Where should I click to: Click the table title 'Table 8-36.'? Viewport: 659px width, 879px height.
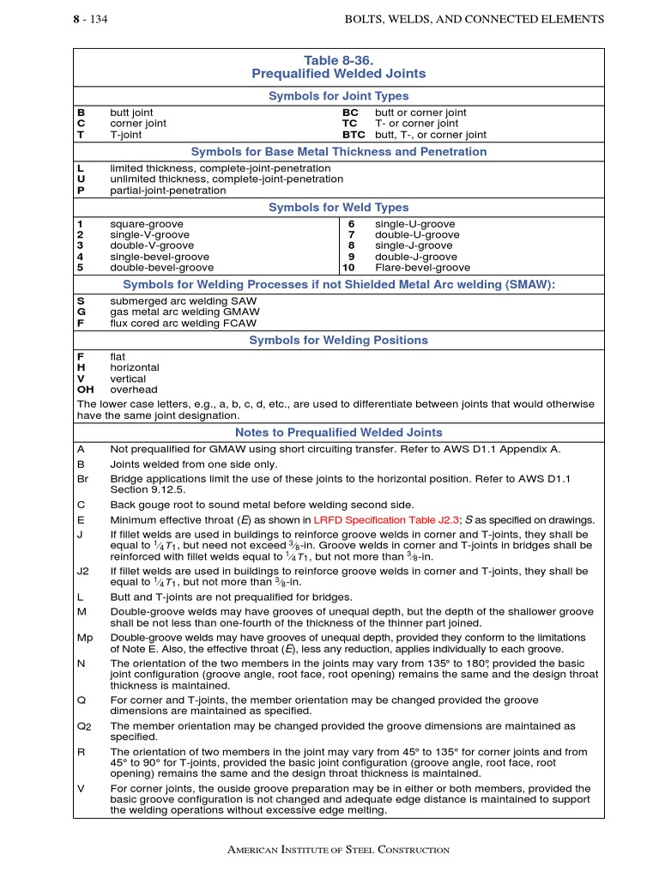click(338, 60)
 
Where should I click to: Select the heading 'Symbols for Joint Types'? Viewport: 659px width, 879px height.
click(338, 96)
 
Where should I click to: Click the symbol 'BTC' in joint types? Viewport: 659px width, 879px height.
click(354, 135)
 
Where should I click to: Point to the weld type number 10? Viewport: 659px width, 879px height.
click(348, 268)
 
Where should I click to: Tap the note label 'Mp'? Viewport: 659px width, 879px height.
click(84, 638)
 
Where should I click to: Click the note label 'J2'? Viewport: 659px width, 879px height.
click(83, 571)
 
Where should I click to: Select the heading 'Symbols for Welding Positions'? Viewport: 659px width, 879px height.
click(338, 341)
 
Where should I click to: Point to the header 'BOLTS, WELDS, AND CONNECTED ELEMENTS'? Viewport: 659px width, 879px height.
click(474, 19)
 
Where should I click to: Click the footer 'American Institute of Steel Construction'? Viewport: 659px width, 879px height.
click(338, 850)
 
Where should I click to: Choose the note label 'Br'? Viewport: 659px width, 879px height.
click(83, 477)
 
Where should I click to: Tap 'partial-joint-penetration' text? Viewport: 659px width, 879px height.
click(168, 191)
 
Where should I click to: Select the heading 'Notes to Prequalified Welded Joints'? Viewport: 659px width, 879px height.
click(338, 433)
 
